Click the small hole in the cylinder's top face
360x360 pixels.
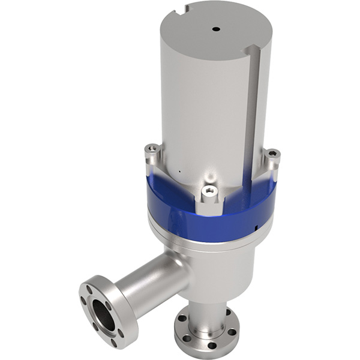click(215, 28)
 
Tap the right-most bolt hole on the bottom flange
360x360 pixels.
click(233, 331)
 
